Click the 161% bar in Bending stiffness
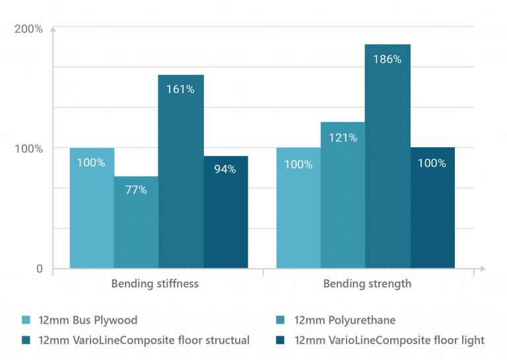180,172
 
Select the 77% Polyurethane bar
136,222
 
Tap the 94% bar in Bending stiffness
226,212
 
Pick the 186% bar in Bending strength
388,156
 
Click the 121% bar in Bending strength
343,195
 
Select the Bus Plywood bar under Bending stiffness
92,208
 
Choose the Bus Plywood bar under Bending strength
298,208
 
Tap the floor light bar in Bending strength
432,208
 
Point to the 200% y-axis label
28,30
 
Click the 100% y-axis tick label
28,149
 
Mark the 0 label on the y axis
39,269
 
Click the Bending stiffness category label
154,285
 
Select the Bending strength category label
367,285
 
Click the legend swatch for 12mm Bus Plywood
26,320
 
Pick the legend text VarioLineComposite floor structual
144,340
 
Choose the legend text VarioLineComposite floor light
389,340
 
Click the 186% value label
387,59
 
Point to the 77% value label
136,190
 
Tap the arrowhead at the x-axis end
483,269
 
